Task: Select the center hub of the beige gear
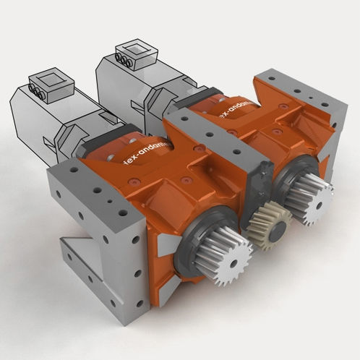pos(267,223)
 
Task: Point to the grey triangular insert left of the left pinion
pos(165,246)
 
